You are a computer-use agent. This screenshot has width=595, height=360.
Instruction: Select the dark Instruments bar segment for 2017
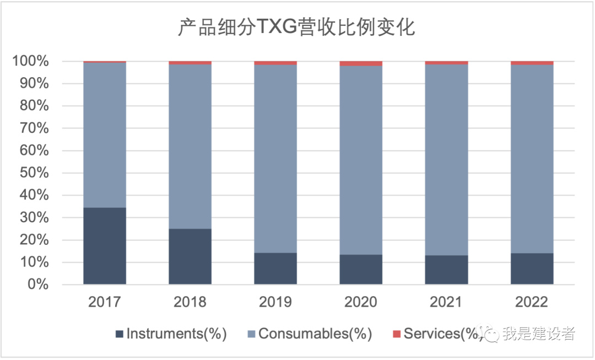click(105, 246)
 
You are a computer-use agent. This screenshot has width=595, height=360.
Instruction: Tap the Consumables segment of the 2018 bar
click(190, 146)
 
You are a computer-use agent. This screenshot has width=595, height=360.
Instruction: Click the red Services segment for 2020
click(361, 63)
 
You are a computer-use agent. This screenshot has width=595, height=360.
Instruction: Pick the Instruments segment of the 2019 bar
click(275, 268)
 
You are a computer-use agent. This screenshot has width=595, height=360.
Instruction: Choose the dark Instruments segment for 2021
click(447, 270)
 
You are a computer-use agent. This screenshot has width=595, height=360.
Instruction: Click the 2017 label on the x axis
click(105, 302)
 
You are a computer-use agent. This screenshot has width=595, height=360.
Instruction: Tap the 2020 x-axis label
click(361, 302)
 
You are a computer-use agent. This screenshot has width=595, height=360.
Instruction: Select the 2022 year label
click(532, 302)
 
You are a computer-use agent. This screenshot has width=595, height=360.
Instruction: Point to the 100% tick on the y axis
click(32, 61)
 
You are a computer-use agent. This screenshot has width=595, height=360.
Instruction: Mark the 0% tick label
click(39, 285)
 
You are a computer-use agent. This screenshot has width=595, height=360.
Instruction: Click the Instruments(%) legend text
click(176, 334)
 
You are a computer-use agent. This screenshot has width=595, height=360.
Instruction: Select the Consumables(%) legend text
click(315, 334)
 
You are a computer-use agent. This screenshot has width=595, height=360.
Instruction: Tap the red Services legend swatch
click(397, 334)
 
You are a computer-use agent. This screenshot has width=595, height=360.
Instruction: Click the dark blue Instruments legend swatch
click(120, 334)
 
